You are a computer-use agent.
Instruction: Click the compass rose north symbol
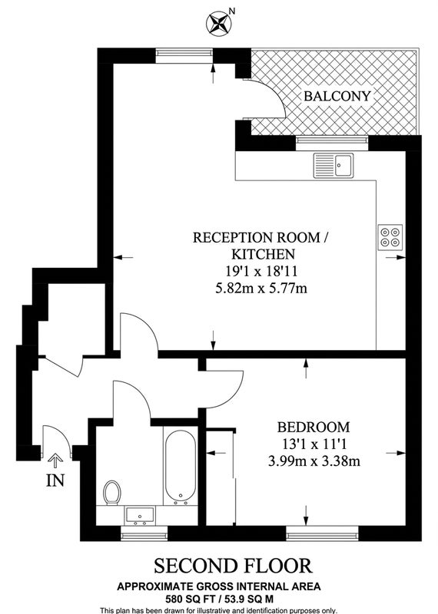pos(218,22)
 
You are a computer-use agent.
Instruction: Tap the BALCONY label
pos(337,96)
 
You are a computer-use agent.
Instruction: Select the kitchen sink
pos(333,166)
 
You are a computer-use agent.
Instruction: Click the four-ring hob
pos(390,237)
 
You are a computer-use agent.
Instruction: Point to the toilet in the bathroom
pos(111,492)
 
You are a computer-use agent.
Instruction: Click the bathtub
pos(181,467)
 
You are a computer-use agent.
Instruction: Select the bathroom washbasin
pos(141,515)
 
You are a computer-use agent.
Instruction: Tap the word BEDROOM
pos(314,427)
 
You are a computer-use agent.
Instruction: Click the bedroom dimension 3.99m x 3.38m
pos(314,461)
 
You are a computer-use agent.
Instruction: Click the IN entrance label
pos(55,480)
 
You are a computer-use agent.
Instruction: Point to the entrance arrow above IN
pos(55,460)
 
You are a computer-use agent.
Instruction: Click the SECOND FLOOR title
pos(233,566)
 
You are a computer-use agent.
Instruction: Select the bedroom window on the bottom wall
pos(322,533)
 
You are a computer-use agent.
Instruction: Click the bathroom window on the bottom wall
pos(144,533)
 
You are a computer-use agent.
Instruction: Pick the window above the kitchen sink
pos(332,143)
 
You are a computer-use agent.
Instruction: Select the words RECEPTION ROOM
pos(257,238)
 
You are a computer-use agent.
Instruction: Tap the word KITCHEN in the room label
pos(263,255)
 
